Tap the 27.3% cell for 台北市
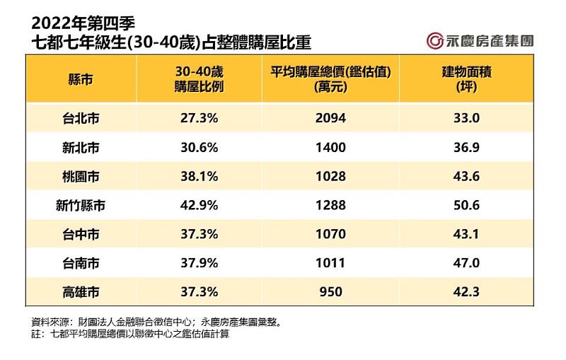click(198, 118)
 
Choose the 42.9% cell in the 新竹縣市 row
click(198, 206)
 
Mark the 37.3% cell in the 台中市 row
click(198, 234)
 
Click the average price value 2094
click(331, 118)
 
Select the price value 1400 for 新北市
click(331, 147)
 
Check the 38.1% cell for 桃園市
click(198, 176)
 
